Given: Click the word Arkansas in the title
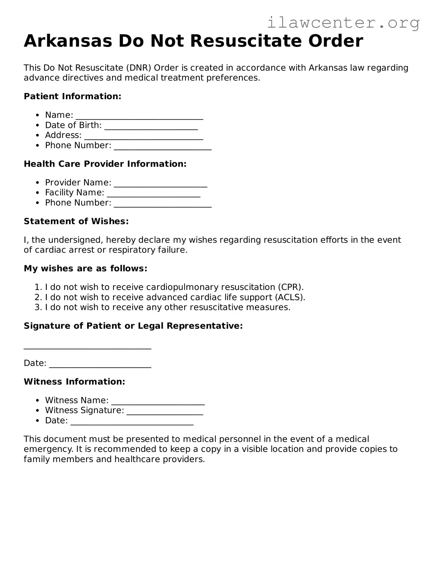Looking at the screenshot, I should (x=68, y=41).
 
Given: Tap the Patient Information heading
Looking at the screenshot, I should (x=72, y=96).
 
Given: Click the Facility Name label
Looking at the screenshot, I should (x=75, y=193).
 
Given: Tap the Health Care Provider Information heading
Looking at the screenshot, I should (x=105, y=164).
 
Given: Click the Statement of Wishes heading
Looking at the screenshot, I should (x=76, y=221).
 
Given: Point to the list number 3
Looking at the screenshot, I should (x=38, y=308).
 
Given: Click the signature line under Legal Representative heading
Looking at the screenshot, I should (x=87, y=347).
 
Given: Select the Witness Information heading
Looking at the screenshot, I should (x=74, y=382).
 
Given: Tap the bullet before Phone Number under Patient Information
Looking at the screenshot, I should (x=37, y=146).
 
